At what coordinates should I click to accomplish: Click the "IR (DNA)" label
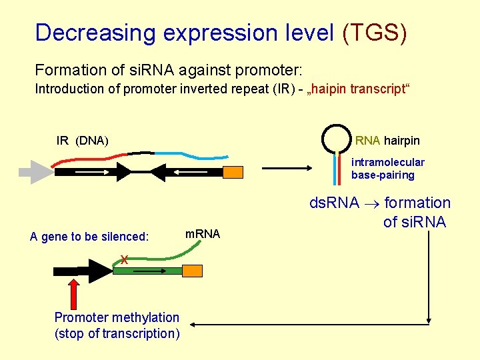pyautogui.click(x=83, y=141)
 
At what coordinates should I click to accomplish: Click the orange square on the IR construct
pyautogui.click(x=233, y=172)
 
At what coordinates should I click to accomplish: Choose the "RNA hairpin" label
pyautogui.click(x=387, y=141)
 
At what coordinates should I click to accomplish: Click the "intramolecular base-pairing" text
pyautogui.click(x=387, y=169)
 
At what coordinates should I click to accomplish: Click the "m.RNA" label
pyautogui.click(x=202, y=233)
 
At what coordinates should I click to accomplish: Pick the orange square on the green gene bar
pyautogui.click(x=193, y=271)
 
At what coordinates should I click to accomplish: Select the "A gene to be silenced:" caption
pyautogui.click(x=89, y=237)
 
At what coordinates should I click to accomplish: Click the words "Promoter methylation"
pyautogui.click(x=117, y=317)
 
